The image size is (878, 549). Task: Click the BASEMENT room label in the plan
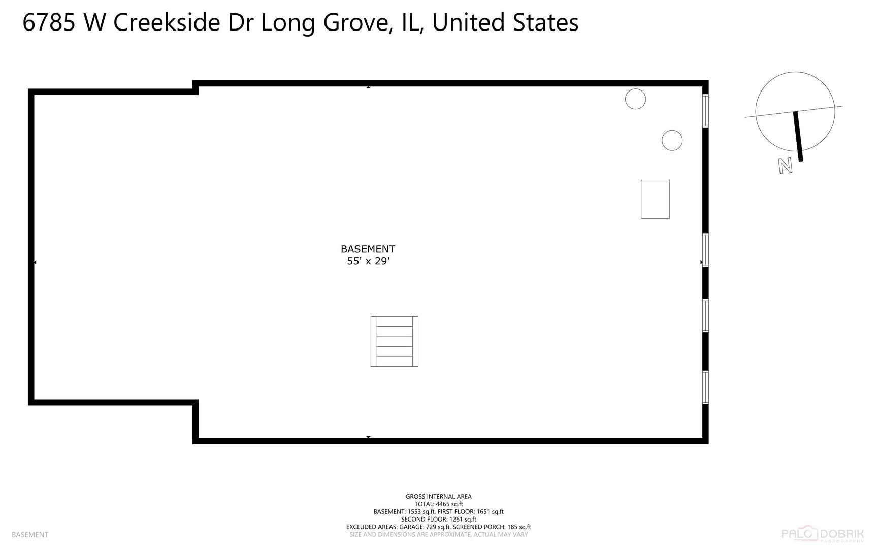pyautogui.click(x=368, y=249)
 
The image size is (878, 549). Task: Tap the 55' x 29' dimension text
pyautogui.click(x=368, y=261)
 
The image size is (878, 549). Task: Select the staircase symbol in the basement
pyautogui.click(x=395, y=341)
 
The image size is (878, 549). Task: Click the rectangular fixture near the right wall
pyautogui.click(x=655, y=199)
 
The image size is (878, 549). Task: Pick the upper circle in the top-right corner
pyautogui.click(x=635, y=99)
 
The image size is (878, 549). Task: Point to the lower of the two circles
pyautogui.click(x=672, y=140)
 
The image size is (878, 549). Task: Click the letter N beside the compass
pyautogui.click(x=786, y=166)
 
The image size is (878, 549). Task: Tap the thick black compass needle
pyautogui.click(x=798, y=136)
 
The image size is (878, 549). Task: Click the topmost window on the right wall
pyautogui.click(x=705, y=111)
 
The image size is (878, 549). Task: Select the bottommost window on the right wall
pyautogui.click(x=705, y=387)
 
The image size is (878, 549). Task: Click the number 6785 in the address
pyautogui.click(x=49, y=23)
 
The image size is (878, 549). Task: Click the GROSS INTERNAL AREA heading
pyautogui.click(x=439, y=497)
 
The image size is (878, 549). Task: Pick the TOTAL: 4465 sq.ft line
pyautogui.click(x=439, y=504)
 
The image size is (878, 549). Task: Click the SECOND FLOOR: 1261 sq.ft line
pyautogui.click(x=439, y=520)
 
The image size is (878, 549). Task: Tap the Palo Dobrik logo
pyautogui.click(x=822, y=534)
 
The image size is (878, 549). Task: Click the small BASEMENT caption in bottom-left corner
pyautogui.click(x=30, y=535)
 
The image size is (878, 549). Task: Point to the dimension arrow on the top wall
pyautogui.click(x=368, y=87)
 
